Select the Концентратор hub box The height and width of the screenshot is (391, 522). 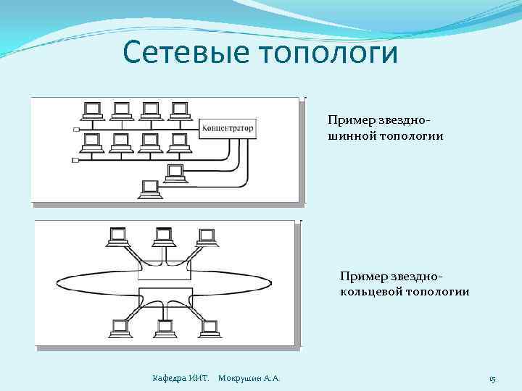[228, 129]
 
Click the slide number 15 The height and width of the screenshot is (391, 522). [492, 379]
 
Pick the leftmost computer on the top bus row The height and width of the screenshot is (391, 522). [93, 111]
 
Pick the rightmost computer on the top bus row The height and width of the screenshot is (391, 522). [178, 111]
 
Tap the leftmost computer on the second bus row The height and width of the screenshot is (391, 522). [93, 142]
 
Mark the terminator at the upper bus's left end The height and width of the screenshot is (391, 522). [76, 130]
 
